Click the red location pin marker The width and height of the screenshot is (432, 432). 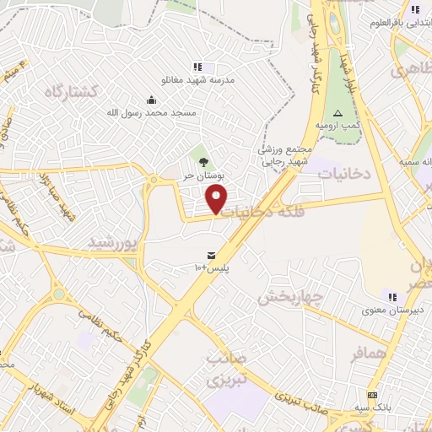click(218, 199)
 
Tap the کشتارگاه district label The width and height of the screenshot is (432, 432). click(95, 90)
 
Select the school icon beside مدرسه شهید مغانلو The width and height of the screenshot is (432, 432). click(197, 67)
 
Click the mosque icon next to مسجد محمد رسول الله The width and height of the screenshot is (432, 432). click(151, 100)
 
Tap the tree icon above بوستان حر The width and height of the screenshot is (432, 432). click(202, 161)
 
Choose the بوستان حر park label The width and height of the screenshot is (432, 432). click(202, 175)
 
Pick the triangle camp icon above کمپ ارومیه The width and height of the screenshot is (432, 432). click(337, 112)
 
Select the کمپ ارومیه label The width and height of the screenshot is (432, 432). click(337, 125)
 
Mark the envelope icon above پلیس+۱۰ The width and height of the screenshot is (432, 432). click(210, 255)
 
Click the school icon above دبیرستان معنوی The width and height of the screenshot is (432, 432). click(391, 296)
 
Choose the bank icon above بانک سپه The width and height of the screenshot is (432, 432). click(372, 396)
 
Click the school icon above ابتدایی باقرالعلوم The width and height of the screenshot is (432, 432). click(413, 10)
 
